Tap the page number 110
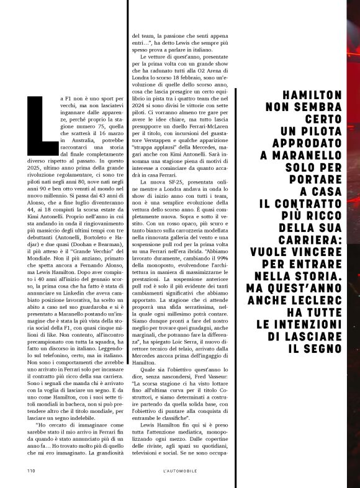point(30,471)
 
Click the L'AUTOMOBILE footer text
point(180,471)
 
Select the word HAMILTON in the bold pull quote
point(311,94)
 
